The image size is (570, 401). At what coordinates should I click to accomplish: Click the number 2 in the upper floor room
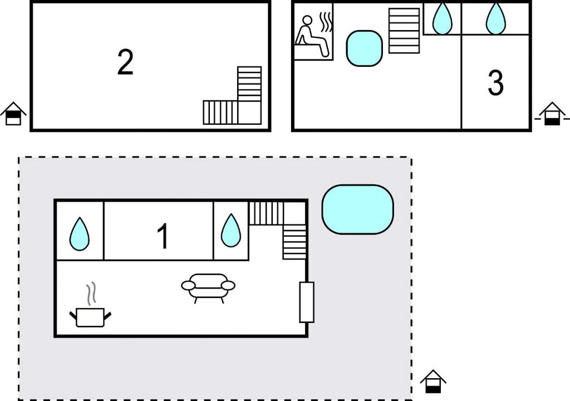point(125,62)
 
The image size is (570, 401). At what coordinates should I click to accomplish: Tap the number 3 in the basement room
point(495,83)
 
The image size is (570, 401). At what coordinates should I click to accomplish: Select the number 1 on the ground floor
point(163,236)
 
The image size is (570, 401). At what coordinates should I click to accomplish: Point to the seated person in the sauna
point(312,36)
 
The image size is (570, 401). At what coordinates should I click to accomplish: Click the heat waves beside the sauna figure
point(326,23)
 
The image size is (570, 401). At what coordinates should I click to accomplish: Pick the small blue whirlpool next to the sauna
point(364,48)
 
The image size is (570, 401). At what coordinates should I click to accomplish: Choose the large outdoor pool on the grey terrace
point(358,209)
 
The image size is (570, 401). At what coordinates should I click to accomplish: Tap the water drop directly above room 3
point(495,18)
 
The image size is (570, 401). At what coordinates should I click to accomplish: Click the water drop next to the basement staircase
point(443,18)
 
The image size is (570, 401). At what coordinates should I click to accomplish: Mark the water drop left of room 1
point(79,234)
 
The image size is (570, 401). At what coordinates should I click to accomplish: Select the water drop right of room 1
point(231,231)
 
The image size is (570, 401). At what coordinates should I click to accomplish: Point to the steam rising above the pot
point(91,294)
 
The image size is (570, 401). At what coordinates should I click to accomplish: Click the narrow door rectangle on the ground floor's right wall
point(307,302)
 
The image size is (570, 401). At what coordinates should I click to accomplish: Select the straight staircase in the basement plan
point(404,31)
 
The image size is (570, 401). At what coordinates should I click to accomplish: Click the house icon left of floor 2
point(13,114)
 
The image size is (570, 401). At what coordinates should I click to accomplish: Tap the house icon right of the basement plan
point(552,114)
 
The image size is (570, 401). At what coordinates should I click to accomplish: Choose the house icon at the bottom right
point(433,382)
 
